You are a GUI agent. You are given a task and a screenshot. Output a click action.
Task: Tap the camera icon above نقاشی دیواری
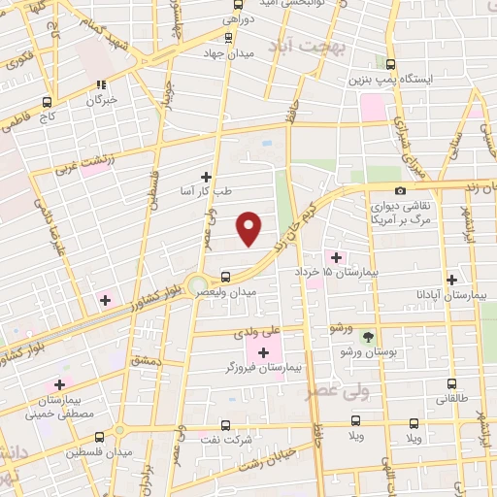401,190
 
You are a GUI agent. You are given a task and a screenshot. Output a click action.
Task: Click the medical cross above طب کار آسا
206,177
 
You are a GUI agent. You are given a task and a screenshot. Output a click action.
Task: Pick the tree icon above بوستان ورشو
368,337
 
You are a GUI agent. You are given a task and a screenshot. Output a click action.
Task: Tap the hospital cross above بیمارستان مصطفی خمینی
61,384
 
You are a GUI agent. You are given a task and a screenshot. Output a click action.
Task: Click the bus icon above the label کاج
47,100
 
